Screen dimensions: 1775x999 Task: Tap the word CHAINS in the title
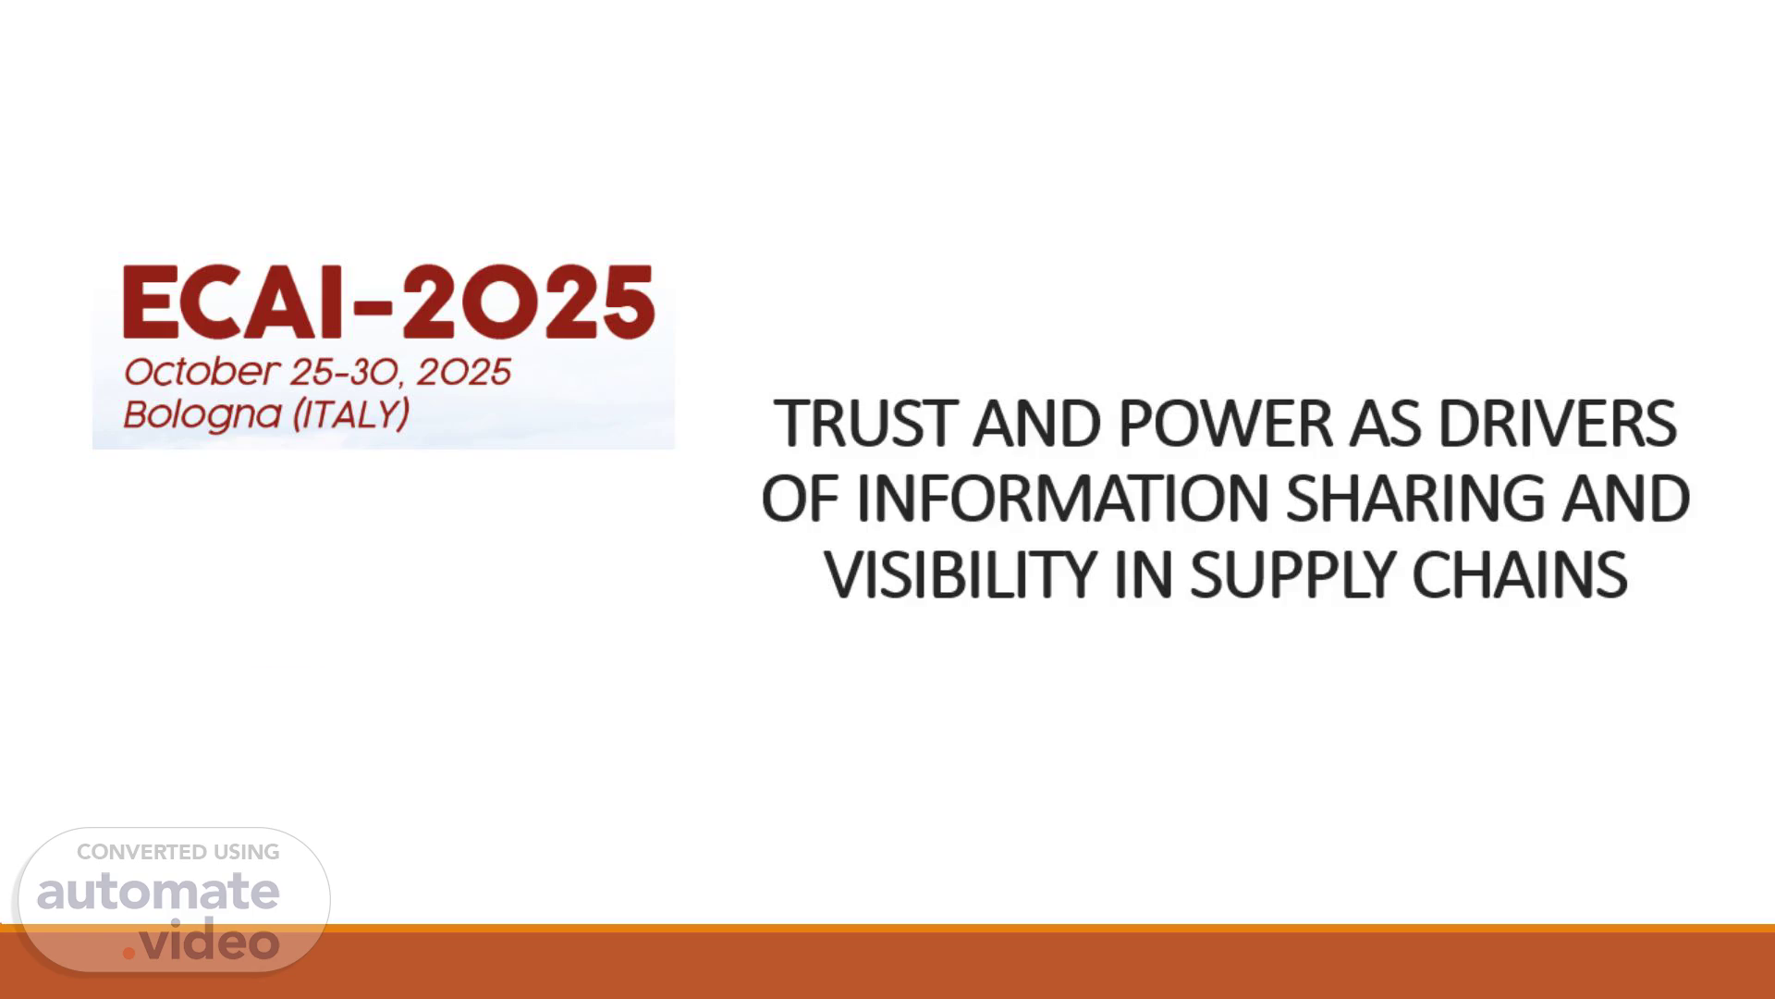[x=1519, y=575]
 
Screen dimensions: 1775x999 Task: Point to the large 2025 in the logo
[x=529, y=302]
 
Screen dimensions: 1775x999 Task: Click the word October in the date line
[x=201, y=372]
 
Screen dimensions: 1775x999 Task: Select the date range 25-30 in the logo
[x=344, y=372]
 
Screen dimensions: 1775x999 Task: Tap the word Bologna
[x=202, y=414]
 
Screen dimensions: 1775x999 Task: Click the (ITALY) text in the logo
[x=351, y=414]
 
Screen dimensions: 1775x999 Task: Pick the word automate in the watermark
[x=158, y=891]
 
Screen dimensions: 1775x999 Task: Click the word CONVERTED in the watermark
[x=141, y=852]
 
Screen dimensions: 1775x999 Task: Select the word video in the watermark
[x=209, y=939]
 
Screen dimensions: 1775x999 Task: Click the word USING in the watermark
[x=247, y=852]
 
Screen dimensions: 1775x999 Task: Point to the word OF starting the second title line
[x=800, y=499]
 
